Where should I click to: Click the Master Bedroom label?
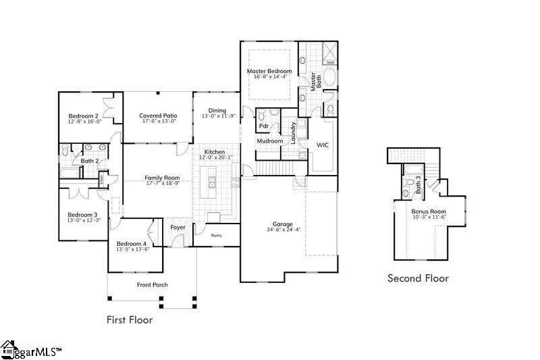(x=269, y=71)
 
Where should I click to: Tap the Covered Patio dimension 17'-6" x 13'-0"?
(x=158, y=122)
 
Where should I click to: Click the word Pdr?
(x=264, y=126)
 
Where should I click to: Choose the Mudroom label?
(x=269, y=141)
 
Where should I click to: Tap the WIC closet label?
(x=323, y=145)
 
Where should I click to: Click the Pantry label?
(x=216, y=236)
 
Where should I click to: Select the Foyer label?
(x=178, y=228)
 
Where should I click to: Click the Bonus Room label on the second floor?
(x=429, y=211)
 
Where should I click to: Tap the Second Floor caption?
(x=417, y=278)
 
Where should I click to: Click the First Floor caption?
(x=130, y=319)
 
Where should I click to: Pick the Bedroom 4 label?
(x=131, y=243)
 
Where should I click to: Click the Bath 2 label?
(x=90, y=161)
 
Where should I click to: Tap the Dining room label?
(x=217, y=110)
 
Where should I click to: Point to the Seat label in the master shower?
(x=330, y=62)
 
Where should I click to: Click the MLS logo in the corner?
(x=31, y=350)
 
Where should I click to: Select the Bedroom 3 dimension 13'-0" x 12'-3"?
(x=84, y=220)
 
